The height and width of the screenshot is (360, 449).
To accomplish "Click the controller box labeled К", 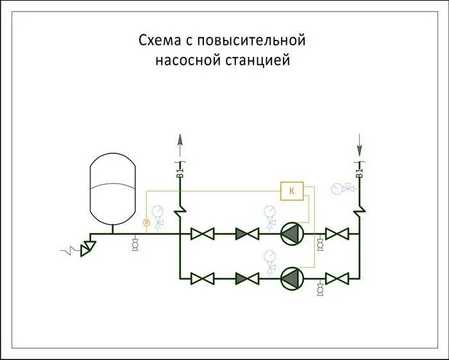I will click(x=292, y=191).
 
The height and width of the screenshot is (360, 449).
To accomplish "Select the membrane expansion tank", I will click(x=113, y=186).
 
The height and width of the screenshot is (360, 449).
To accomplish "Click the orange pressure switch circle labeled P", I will click(x=146, y=222).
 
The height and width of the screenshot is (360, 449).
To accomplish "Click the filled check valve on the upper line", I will click(x=246, y=234).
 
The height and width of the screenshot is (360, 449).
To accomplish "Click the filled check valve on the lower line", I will click(x=246, y=278).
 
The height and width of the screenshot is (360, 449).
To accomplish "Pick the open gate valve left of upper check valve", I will click(x=203, y=234).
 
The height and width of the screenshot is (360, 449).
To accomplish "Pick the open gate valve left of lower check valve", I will click(x=203, y=278).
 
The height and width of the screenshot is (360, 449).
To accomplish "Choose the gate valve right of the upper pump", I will click(x=337, y=234).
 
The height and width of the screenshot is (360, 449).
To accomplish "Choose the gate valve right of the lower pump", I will click(x=337, y=278).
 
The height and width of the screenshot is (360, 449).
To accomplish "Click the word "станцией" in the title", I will click(x=263, y=62).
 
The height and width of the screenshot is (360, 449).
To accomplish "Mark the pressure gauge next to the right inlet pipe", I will click(x=338, y=189).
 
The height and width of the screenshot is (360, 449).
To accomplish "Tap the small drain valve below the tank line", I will click(x=135, y=245).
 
